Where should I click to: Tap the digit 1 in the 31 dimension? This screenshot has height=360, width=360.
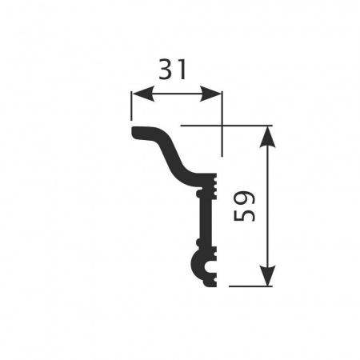(182, 70)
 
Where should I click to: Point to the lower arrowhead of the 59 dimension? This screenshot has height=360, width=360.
(268, 277)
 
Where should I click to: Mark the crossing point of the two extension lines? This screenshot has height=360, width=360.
(222, 126)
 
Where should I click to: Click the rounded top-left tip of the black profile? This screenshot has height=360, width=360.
(134, 132)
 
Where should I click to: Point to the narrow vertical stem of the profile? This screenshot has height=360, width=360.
(206, 220)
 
